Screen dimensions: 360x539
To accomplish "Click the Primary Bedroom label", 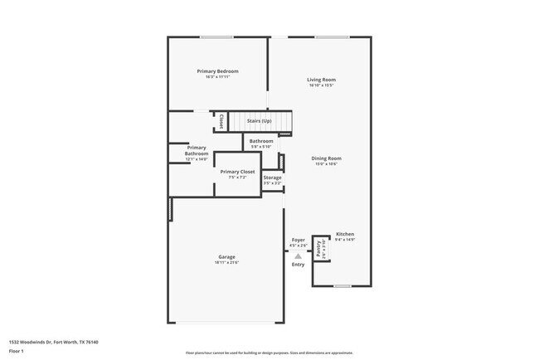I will (x=217, y=71).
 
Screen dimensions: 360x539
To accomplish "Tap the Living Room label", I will (x=322, y=80).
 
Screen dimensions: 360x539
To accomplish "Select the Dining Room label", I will (x=326, y=158).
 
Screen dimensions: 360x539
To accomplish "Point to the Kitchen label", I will (x=345, y=234).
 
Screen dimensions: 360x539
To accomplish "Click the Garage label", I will (x=226, y=257).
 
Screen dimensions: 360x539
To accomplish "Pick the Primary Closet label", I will (x=237, y=172).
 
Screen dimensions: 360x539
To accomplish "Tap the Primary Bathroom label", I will (x=197, y=150).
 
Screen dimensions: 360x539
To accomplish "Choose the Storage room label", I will (x=273, y=178).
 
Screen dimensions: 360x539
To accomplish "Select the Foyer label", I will (x=298, y=240).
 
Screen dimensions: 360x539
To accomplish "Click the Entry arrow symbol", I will (x=298, y=256).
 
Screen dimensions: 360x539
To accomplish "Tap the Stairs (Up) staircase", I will (x=260, y=122).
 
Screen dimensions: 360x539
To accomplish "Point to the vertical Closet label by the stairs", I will (x=221, y=122).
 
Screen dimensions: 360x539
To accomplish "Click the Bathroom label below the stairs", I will (x=261, y=141).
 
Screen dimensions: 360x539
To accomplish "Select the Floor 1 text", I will (x=16, y=351).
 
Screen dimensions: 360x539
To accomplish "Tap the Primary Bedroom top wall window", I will (x=216, y=36).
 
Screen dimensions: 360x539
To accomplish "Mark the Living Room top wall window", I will (x=330, y=36).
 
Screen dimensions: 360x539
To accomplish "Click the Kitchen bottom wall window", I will (x=342, y=286).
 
